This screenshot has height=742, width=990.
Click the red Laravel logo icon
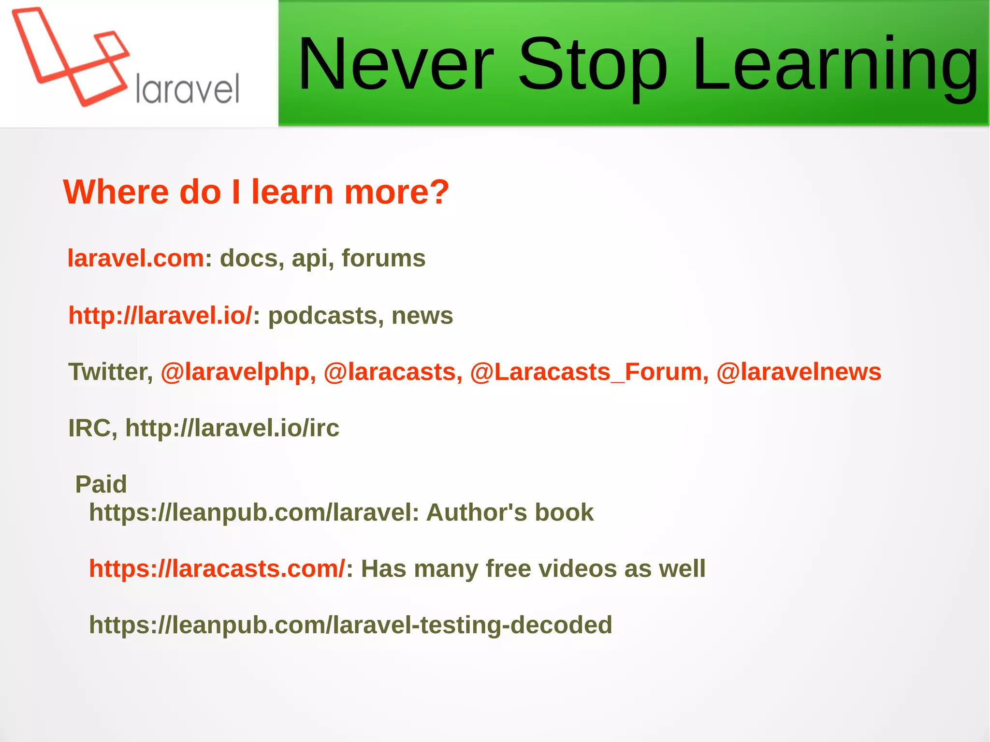click(x=70, y=56)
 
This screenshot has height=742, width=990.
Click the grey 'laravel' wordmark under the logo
click(x=188, y=89)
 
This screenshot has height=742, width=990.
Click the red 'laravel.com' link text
click(x=136, y=258)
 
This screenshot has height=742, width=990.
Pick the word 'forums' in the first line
click(x=383, y=258)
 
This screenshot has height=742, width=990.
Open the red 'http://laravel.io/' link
click(x=160, y=316)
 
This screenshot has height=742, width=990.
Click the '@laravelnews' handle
click(x=799, y=372)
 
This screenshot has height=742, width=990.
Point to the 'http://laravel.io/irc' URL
click(x=232, y=428)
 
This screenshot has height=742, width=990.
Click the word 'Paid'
click(x=101, y=484)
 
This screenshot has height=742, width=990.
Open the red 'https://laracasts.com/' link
click(x=217, y=568)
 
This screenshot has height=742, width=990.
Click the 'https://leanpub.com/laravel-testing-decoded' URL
click(x=350, y=625)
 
